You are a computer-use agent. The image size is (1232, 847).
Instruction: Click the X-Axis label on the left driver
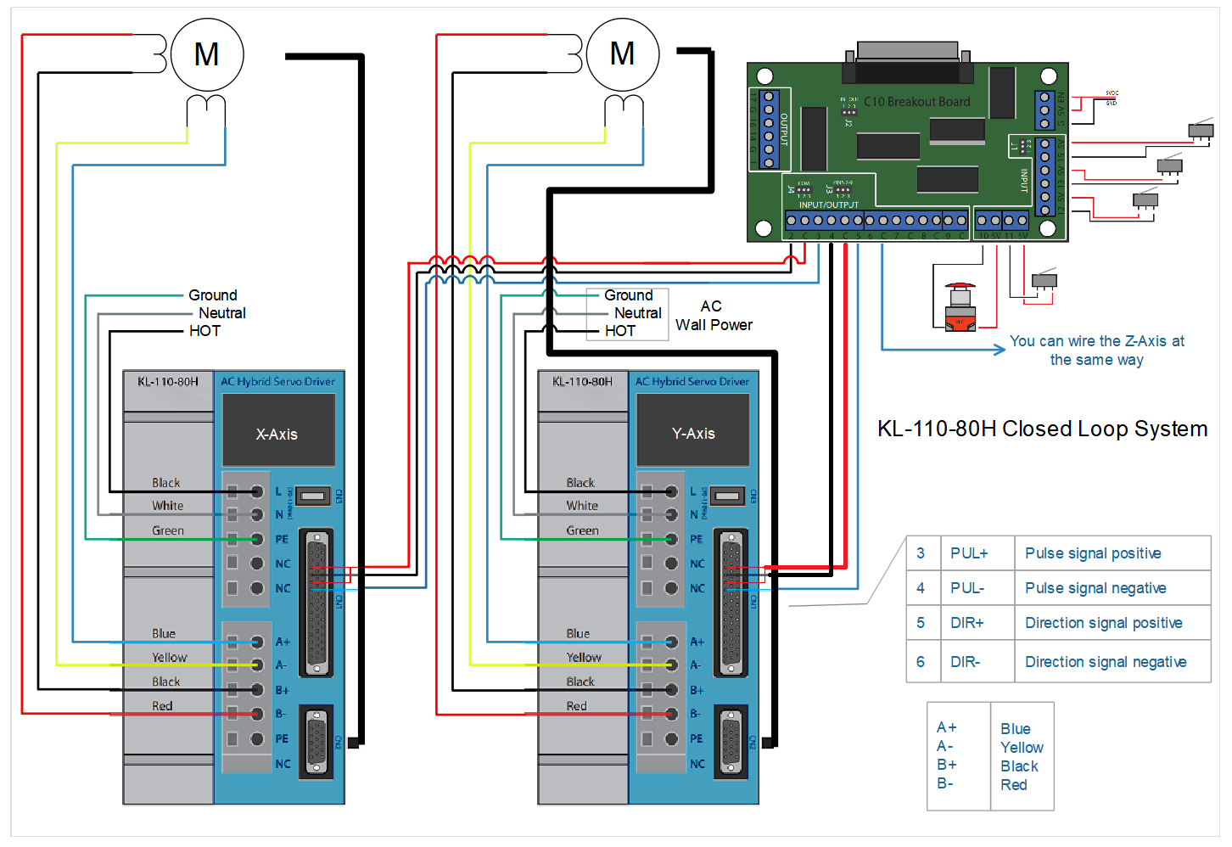click(277, 435)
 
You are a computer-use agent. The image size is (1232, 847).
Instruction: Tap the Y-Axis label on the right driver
click(693, 434)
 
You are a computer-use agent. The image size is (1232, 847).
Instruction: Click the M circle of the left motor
click(207, 55)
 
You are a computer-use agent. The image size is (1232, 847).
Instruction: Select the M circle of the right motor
click(623, 54)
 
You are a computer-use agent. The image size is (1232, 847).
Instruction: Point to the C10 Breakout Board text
click(916, 102)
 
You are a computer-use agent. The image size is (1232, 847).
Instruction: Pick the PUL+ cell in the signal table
click(969, 553)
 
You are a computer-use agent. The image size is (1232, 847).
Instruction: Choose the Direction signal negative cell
click(1106, 662)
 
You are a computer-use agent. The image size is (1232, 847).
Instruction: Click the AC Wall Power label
click(713, 316)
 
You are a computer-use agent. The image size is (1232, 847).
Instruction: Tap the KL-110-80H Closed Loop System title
click(1042, 429)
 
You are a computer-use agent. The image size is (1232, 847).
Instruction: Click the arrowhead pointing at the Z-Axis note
click(1000, 349)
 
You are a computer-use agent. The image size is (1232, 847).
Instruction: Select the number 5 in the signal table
click(921, 623)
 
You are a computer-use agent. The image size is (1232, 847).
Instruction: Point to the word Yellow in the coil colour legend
click(1022, 748)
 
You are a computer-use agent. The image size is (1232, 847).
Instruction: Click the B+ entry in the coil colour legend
click(947, 765)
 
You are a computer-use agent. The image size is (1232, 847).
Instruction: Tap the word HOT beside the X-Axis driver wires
click(204, 331)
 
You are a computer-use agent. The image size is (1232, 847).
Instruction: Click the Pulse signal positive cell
click(1093, 553)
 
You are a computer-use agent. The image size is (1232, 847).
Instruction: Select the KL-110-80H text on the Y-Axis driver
click(582, 382)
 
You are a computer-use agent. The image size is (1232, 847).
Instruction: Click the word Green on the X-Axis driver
click(168, 530)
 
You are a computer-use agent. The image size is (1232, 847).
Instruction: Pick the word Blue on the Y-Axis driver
click(578, 634)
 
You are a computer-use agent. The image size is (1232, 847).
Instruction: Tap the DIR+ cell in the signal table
click(966, 623)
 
